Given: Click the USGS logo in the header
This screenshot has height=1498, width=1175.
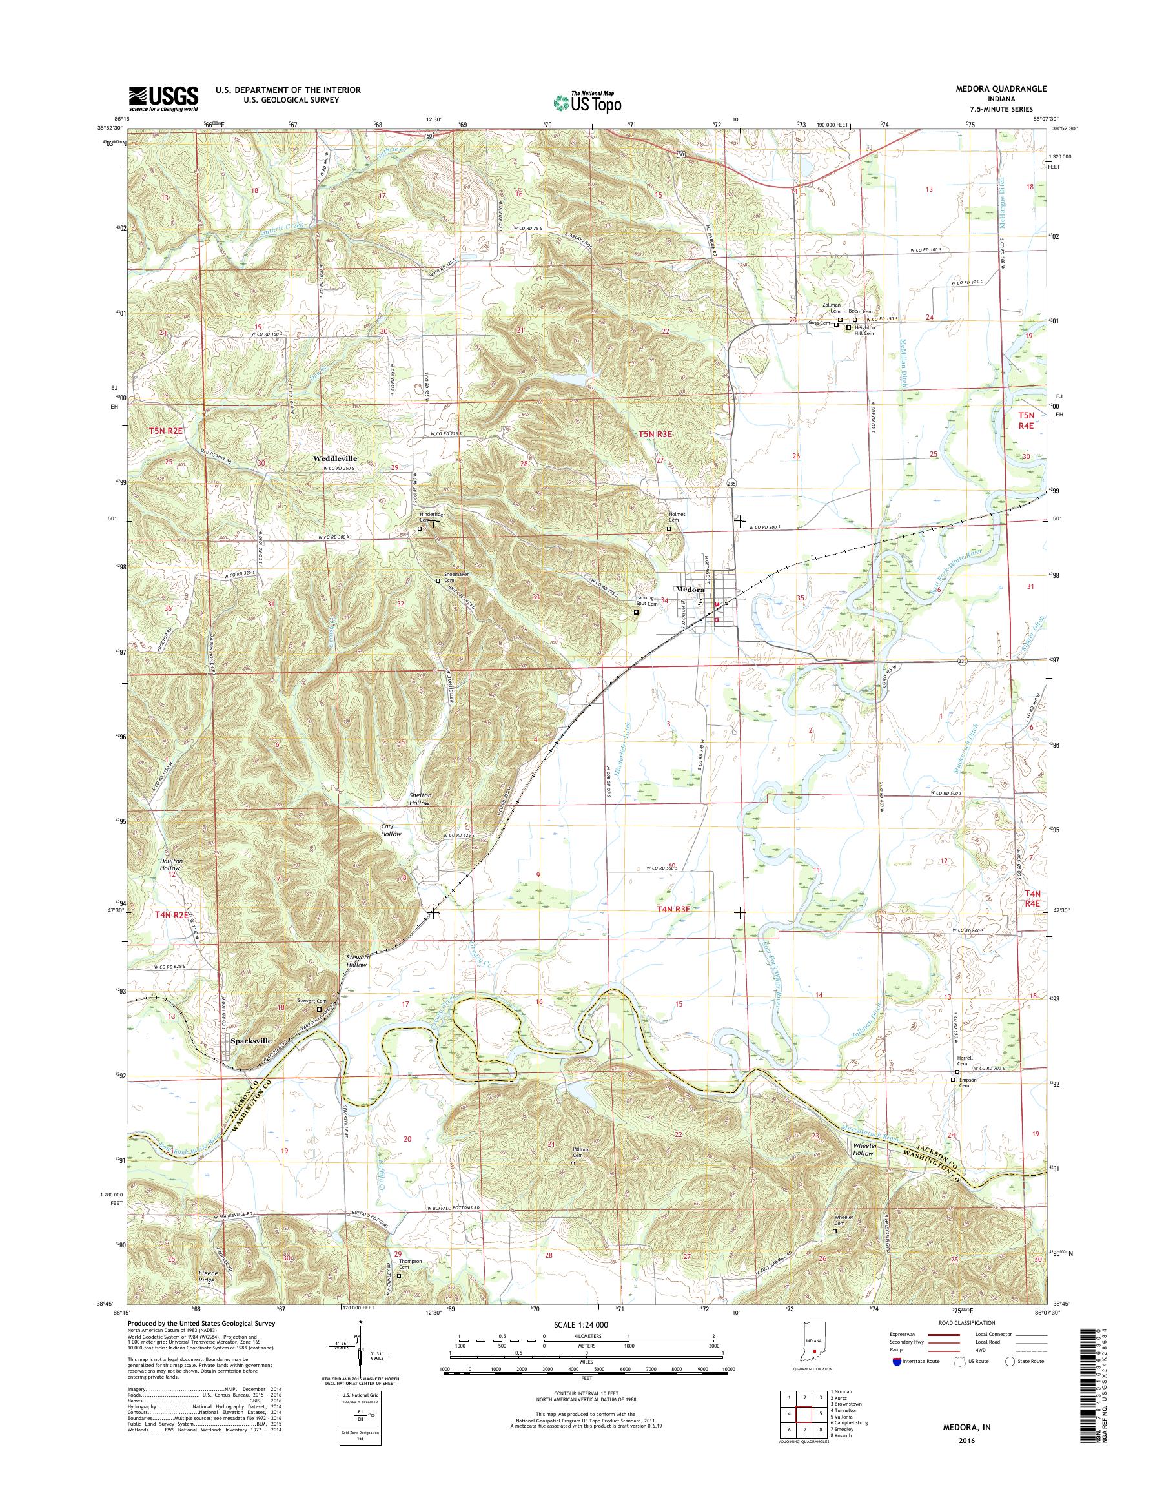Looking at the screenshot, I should point(163,98).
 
